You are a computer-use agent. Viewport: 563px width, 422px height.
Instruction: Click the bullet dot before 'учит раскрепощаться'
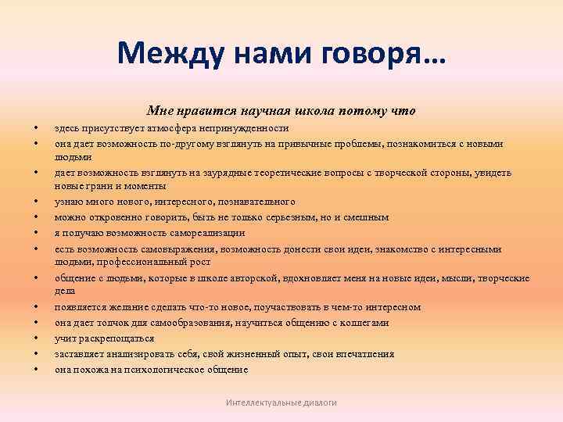(36, 338)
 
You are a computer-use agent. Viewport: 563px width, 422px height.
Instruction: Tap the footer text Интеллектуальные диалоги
(281, 402)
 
